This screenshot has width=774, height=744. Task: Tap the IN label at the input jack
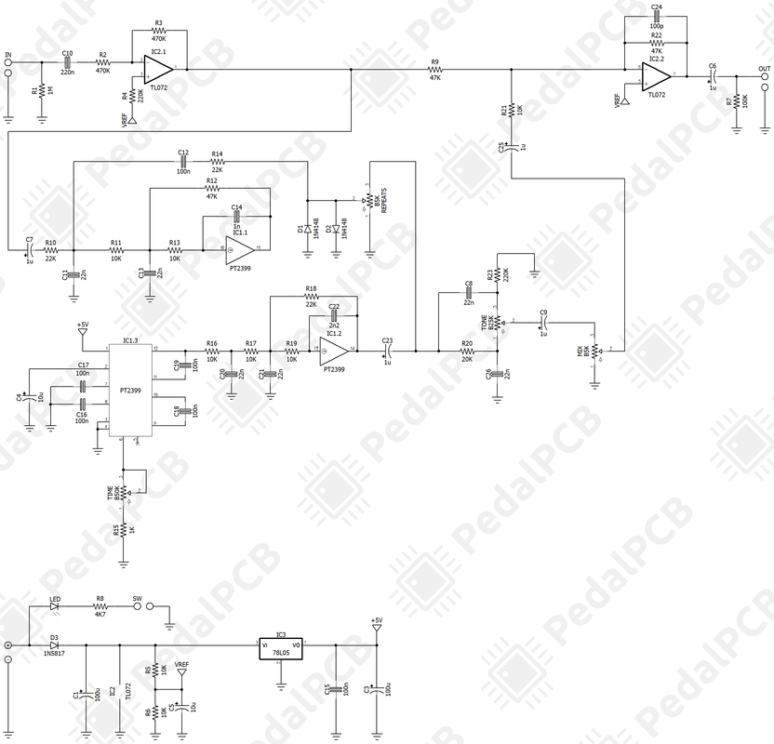pos(8,55)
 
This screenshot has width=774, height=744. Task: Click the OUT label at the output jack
pos(764,69)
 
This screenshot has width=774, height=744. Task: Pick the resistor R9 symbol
pos(434,70)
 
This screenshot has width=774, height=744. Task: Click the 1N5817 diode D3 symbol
pos(55,645)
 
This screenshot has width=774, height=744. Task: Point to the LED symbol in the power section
pos(54,606)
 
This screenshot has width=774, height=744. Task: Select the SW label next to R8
pos(137,599)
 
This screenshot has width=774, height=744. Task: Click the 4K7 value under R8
pos(100,615)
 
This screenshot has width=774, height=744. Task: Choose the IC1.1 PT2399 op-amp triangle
pos(238,248)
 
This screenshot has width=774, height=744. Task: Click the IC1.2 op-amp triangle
pos(336,350)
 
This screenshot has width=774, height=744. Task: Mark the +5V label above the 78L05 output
pos(376,620)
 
